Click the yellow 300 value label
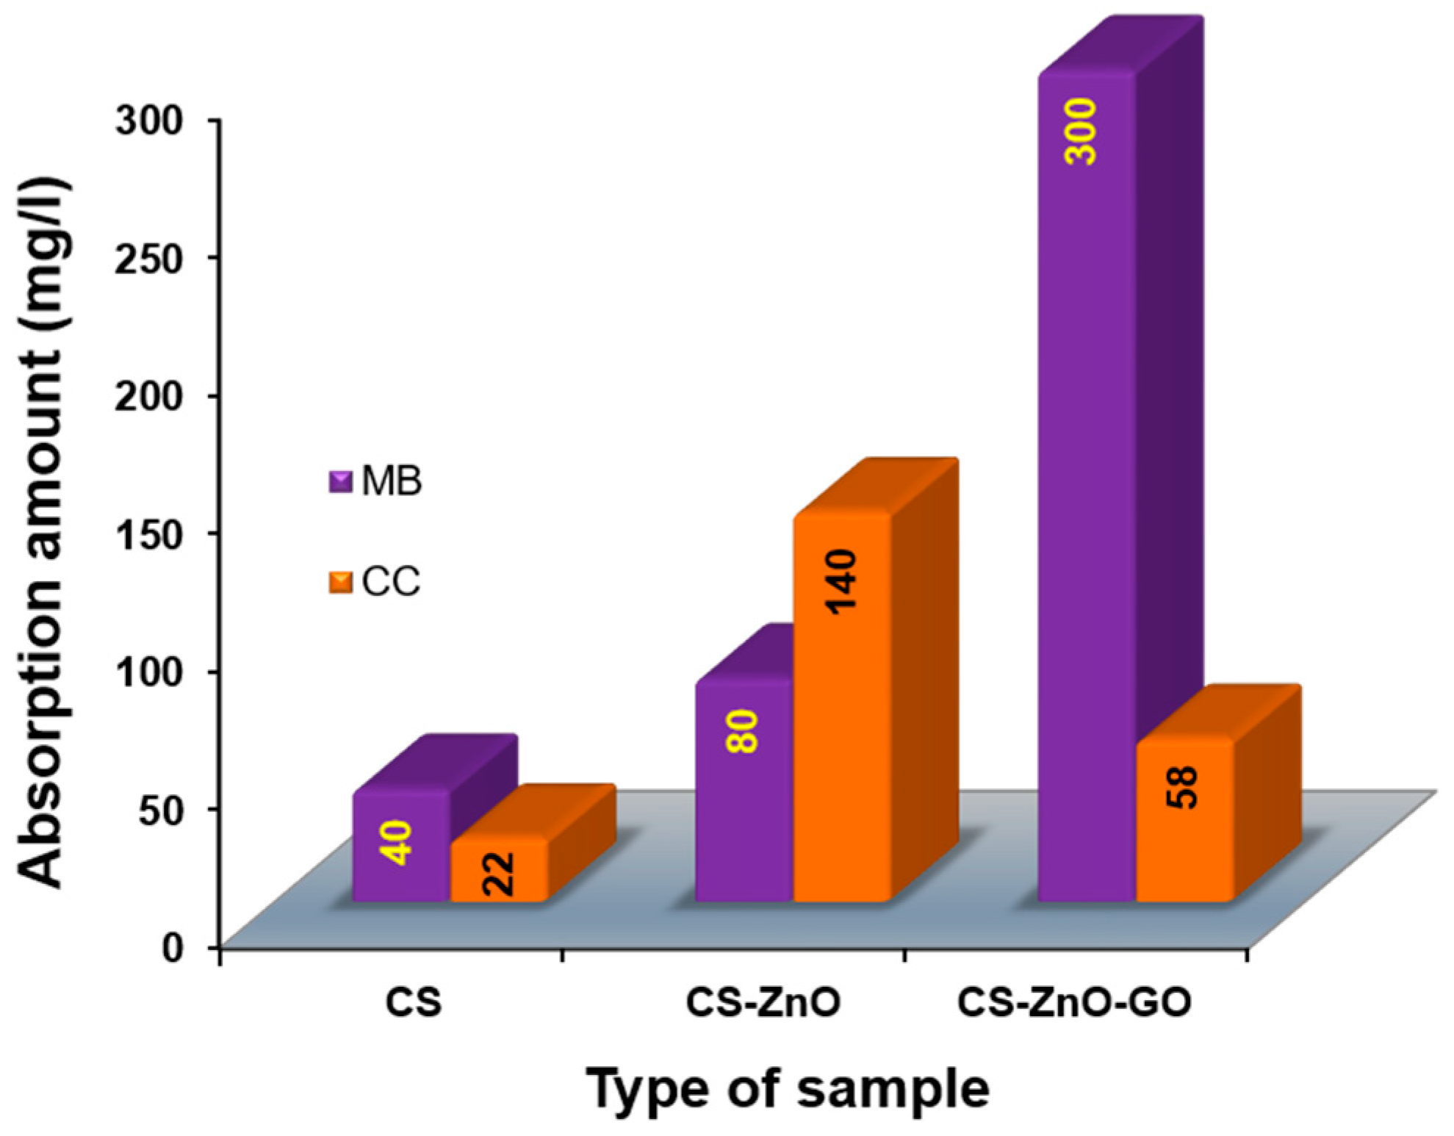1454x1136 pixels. [1081, 132]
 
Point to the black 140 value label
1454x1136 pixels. [842, 581]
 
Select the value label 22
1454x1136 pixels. [499, 874]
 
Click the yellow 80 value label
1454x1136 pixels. [744, 731]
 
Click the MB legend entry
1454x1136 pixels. [376, 481]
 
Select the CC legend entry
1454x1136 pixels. [375, 582]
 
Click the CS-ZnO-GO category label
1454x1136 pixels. [1074, 1003]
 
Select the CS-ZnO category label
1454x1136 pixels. [763, 1003]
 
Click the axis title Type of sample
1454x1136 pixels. [787, 1089]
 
